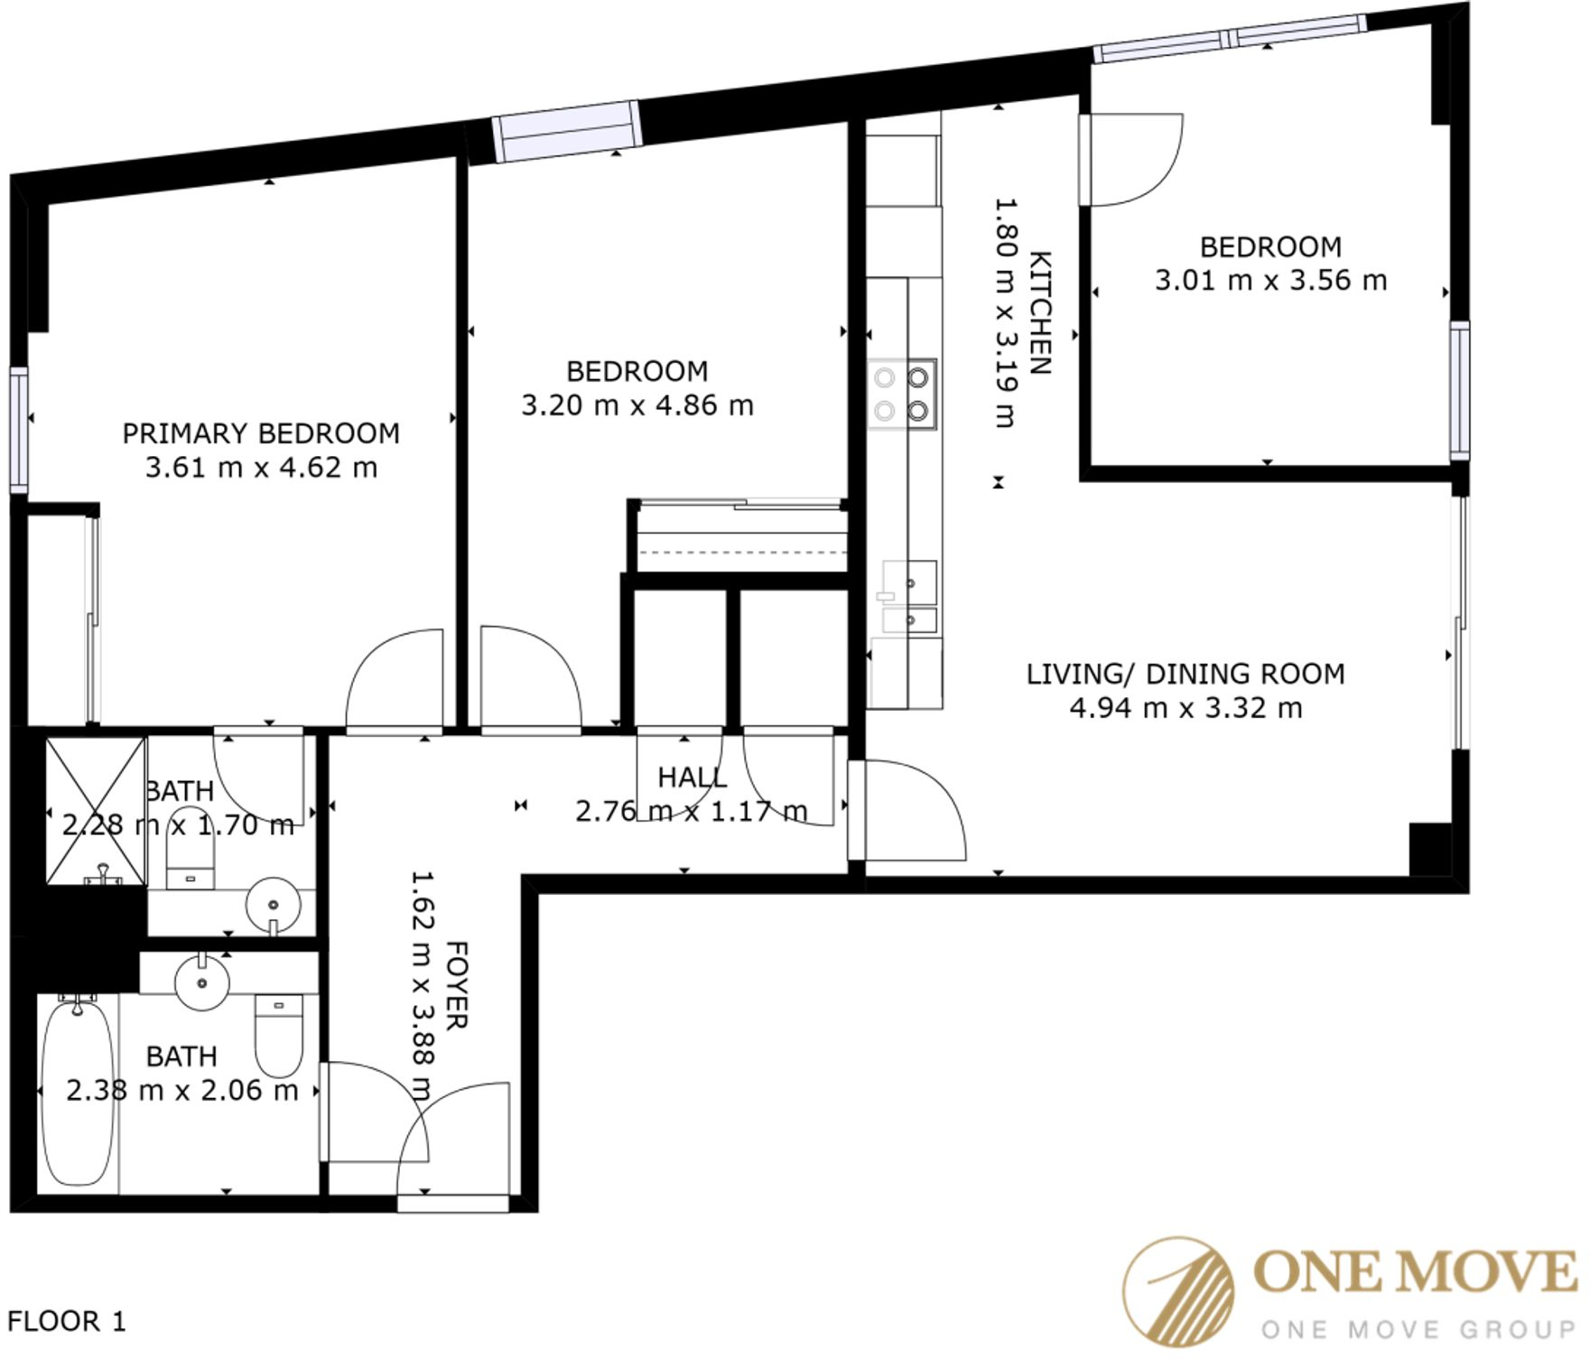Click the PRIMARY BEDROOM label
pos(261,433)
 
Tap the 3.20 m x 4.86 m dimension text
pos(637,405)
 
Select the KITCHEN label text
pos(1041,312)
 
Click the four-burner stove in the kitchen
pos(902,395)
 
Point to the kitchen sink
pos(909,596)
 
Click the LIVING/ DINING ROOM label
pos(1185,674)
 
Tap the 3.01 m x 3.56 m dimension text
pos(1269,280)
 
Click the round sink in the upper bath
pos(273,904)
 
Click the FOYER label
pos(457,984)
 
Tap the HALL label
pos(692,777)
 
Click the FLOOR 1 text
pos(67,1322)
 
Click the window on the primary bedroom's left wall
pos(18,429)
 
